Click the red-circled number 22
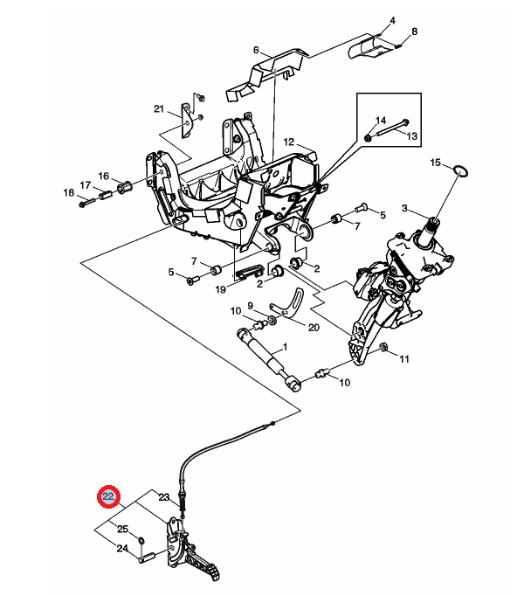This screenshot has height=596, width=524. pos(108,496)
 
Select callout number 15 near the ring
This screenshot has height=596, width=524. pos(435,163)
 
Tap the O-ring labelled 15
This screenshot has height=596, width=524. pos(460,171)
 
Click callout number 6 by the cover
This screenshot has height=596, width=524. pos(256,50)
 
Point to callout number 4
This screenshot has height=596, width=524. pos(392,20)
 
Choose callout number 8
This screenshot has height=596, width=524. pos(414,31)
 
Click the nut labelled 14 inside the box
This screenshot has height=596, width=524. pos(368,137)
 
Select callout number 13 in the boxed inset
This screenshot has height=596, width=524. pos(412,136)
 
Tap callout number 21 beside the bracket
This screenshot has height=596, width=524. pos(159,108)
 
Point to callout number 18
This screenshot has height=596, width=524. pos(69,193)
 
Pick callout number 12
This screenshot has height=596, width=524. pos(289,142)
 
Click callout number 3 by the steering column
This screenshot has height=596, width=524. pos(404,208)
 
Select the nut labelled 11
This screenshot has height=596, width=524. pos(383,347)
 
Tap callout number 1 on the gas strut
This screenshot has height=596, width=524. pos(285,347)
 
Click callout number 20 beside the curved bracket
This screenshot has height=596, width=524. pos(314,327)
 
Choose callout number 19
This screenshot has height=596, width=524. pos(220,289)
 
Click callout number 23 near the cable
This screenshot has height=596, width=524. pos(164,497)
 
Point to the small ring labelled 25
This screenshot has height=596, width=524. pos(141,540)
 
